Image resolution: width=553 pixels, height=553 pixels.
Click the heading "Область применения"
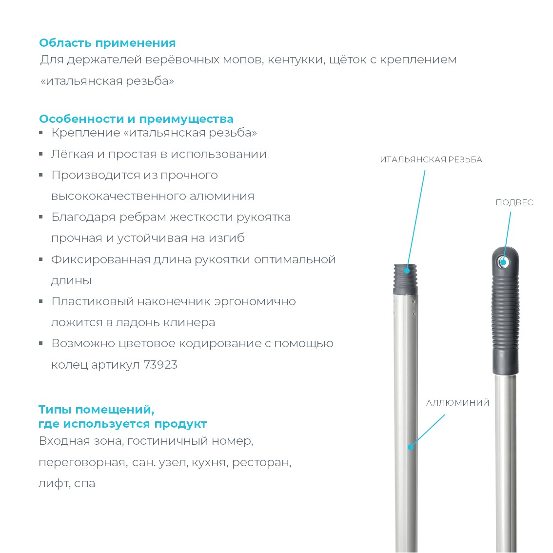coord(107,43)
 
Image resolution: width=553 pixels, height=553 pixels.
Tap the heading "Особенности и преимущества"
coord(136,119)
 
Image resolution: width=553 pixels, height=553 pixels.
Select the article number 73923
coord(160,365)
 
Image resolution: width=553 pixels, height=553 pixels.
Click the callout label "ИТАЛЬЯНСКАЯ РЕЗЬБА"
coord(431,159)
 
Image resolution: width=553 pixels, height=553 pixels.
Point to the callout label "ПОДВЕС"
coord(514,202)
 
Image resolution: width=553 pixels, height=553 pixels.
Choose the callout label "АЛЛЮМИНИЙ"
coord(457,403)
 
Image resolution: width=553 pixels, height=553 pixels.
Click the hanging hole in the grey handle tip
coord(503,262)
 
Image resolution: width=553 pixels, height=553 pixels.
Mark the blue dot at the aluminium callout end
coord(411,446)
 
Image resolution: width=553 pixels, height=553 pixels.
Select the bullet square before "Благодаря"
coord(41,217)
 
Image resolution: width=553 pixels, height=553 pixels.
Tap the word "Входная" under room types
coord(63,441)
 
